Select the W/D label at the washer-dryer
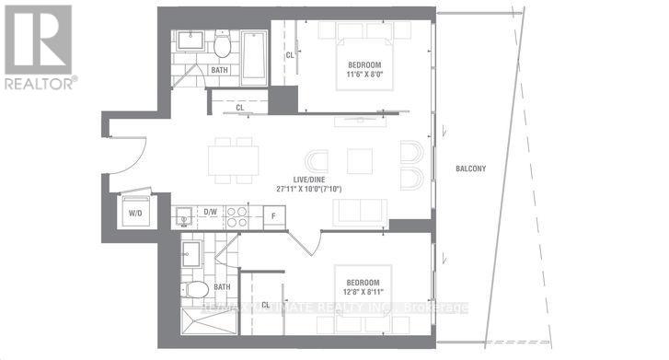tap(134, 213)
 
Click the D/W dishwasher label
tap(210, 213)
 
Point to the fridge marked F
tap(273, 216)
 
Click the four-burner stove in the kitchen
tap(236, 216)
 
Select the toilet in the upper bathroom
tap(223, 45)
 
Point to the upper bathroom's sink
tap(193, 41)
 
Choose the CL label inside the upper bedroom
tap(290, 55)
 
